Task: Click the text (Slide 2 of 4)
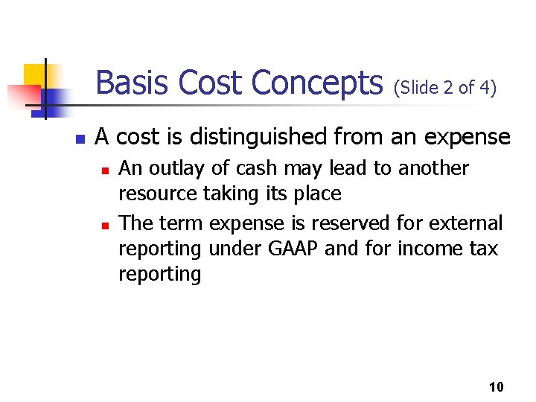pyautogui.click(x=445, y=88)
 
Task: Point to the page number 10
pyautogui.click(x=497, y=386)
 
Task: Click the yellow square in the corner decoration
pyautogui.click(x=35, y=74)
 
